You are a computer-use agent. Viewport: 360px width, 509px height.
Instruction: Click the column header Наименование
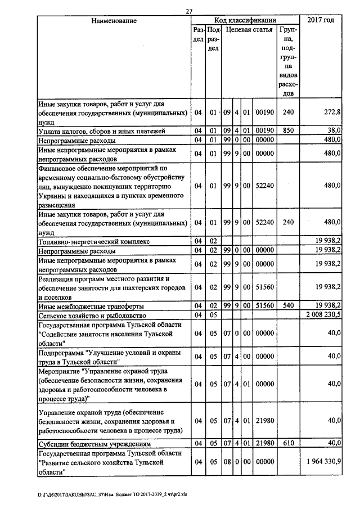[114, 21]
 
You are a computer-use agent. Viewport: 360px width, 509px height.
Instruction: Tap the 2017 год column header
[321, 21]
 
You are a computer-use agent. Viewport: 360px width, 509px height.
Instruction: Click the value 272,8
[332, 112]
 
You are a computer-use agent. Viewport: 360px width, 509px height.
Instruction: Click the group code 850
[288, 131]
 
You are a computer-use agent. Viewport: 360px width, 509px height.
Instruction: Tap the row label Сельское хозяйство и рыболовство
[92, 315]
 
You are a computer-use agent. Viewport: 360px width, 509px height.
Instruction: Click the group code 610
[288, 443]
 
